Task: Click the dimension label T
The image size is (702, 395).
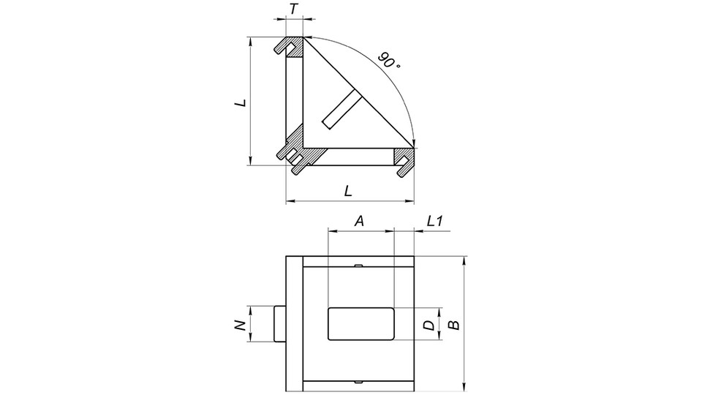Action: coord(294,10)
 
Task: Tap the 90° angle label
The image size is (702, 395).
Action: coord(390,61)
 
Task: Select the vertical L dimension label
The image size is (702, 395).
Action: coord(240,104)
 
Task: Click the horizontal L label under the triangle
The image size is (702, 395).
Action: coord(349,191)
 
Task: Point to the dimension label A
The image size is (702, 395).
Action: coord(359,220)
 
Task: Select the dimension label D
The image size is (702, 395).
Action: coord(429,324)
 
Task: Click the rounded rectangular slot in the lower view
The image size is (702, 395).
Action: coord(361,323)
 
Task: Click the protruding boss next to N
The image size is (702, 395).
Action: coord(279,323)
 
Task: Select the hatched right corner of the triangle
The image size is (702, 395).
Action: coord(405,157)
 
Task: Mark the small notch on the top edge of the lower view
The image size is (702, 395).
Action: coord(358,266)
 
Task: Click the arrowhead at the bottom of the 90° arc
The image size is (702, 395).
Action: coord(413,143)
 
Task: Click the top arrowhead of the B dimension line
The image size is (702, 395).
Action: coord(464,260)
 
